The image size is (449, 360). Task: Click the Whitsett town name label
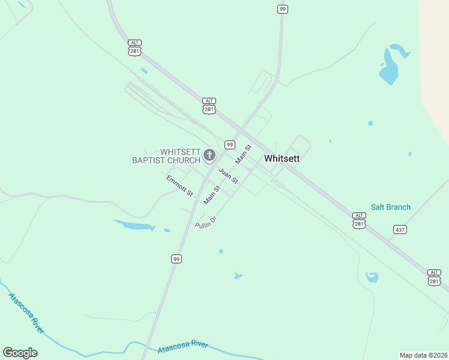tap(282, 159)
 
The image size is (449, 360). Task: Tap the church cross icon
tap(209, 156)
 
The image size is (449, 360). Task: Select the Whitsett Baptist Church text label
tap(166, 156)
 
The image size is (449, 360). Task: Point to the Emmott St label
tap(179, 186)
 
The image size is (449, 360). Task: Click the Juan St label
tap(228, 176)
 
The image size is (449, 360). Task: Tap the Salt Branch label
tap(390, 207)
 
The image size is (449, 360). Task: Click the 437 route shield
tap(400, 229)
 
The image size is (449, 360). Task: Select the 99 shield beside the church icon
tap(229, 145)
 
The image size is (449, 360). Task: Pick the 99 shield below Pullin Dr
tap(176, 259)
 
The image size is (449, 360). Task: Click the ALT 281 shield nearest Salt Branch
tap(358, 220)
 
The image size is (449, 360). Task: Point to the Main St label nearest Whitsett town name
tap(243, 155)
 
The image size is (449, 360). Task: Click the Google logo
tap(20, 353)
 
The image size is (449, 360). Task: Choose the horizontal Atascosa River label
tap(182, 347)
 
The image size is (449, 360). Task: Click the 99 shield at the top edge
tap(282, 9)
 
